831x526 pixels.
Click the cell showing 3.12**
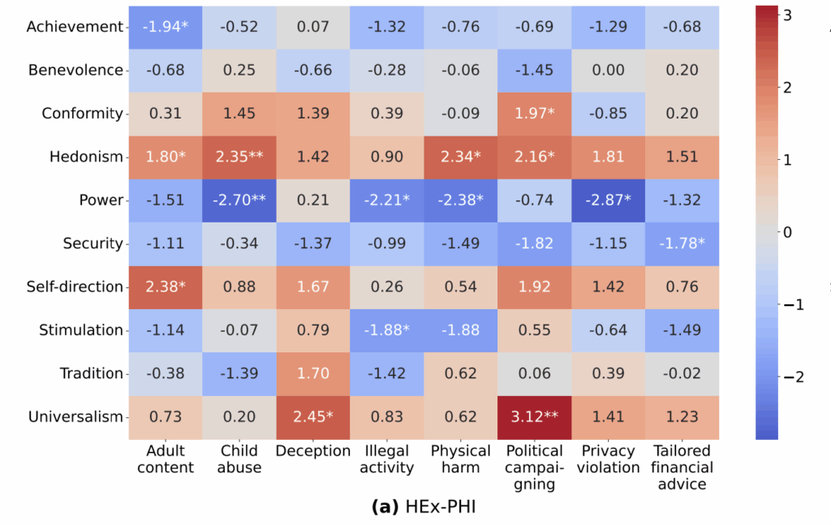point(534,417)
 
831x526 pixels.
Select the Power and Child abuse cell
point(239,200)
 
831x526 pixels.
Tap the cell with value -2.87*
point(608,200)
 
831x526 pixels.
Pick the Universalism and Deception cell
point(313,417)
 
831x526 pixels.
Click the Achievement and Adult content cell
point(166,27)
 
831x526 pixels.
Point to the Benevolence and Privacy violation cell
point(608,70)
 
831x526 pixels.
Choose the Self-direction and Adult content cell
point(166,287)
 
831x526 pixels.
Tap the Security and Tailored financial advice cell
point(682,244)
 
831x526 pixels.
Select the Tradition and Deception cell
point(313,373)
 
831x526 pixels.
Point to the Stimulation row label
point(81,330)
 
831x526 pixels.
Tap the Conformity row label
point(83,114)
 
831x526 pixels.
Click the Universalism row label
point(76,417)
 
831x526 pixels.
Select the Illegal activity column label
point(387,459)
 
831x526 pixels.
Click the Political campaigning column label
point(534,468)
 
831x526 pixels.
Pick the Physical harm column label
point(460,459)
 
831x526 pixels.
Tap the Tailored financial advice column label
point(682,468)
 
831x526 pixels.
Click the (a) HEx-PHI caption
point(423,507)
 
